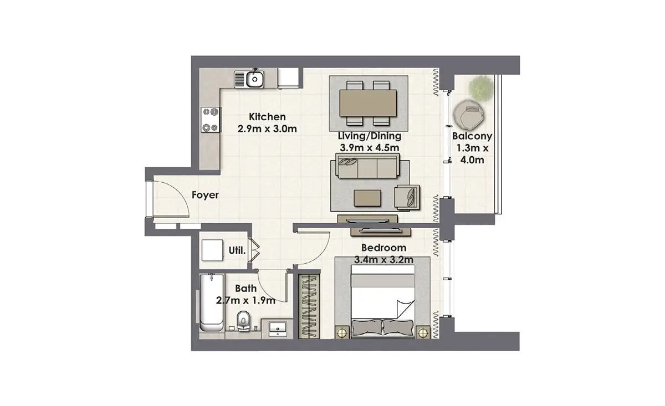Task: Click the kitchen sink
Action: tap(249, 79)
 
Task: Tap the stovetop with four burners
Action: tap(211, 120)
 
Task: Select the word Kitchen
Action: tap(267, 117)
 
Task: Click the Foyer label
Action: tap(205, 195)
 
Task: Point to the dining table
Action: tap(368, 103)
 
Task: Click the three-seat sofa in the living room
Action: tap(367, 166)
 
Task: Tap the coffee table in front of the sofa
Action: tap(367, 198)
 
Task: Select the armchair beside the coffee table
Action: tap(407, 197)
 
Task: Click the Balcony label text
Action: tap(472, 136)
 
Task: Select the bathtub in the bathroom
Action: tap(212, 303)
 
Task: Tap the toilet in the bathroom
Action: tap(243, 321)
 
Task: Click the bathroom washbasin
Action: tap(278, 329)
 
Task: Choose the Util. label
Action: tap(237, 251)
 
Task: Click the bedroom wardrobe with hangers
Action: tap(309, 306)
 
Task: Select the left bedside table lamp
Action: tap(342, 332)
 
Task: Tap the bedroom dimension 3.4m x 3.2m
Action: tap(383, 260)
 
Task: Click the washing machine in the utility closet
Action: tap(212, 250)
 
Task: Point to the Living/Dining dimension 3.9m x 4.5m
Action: tap(369, 147)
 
